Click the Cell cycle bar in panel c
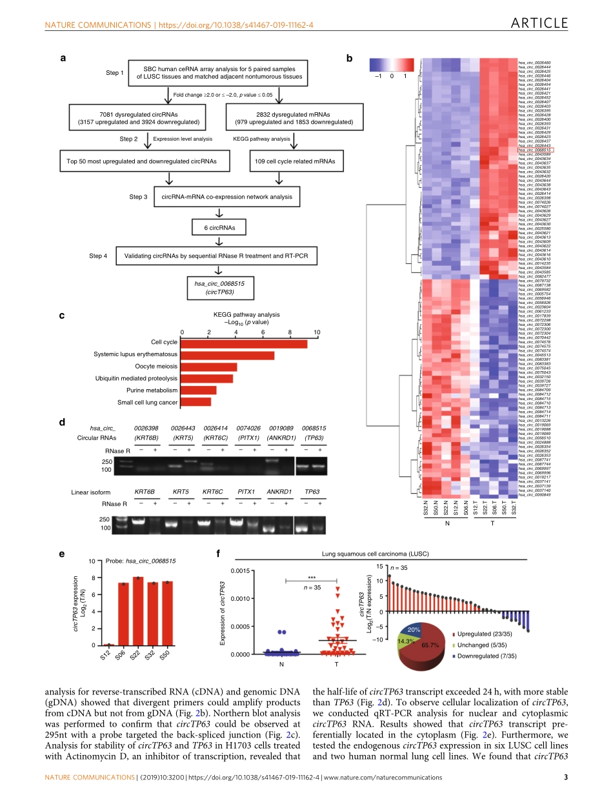(x=244, y=343)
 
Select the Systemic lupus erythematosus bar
(x=227, y=355)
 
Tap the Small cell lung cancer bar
(x=196, y=402)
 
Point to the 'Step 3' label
(x=138, y=197)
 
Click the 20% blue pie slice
(x=414, y=629)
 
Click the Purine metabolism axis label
(x=152, y=390)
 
